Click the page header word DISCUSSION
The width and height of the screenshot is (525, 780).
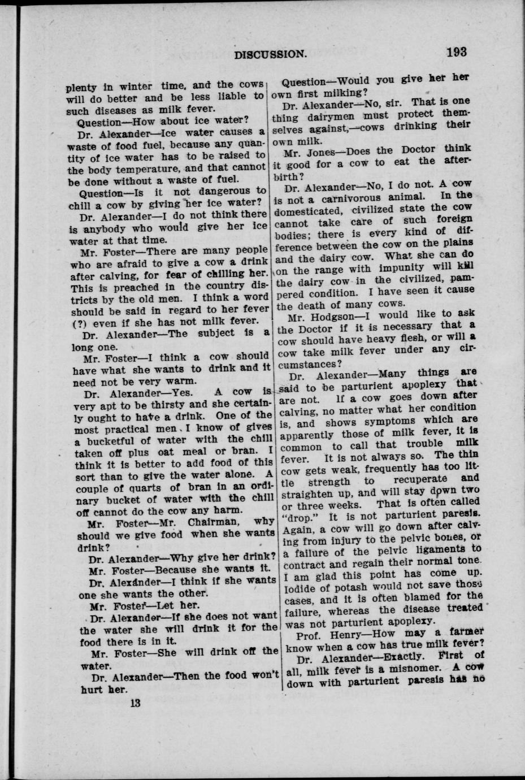click(x=271, y=55)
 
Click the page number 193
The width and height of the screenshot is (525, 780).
click(x=456, y=52)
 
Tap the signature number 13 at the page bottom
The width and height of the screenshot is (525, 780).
click(x=134, y=704)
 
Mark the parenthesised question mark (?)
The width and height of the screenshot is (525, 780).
click(x=79, y=324)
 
